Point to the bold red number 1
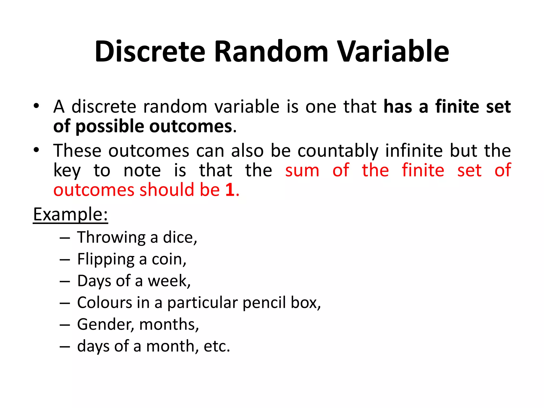click(230, 190)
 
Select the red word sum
click(302, 170)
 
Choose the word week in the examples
click(168, 281)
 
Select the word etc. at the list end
click(216, 346)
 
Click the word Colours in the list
click(105, 303)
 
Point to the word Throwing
click(111, 237)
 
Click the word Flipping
click(106, 260)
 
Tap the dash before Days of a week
click(65, 281)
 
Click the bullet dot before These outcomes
click(36, 150)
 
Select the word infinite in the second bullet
click(414, 151)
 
